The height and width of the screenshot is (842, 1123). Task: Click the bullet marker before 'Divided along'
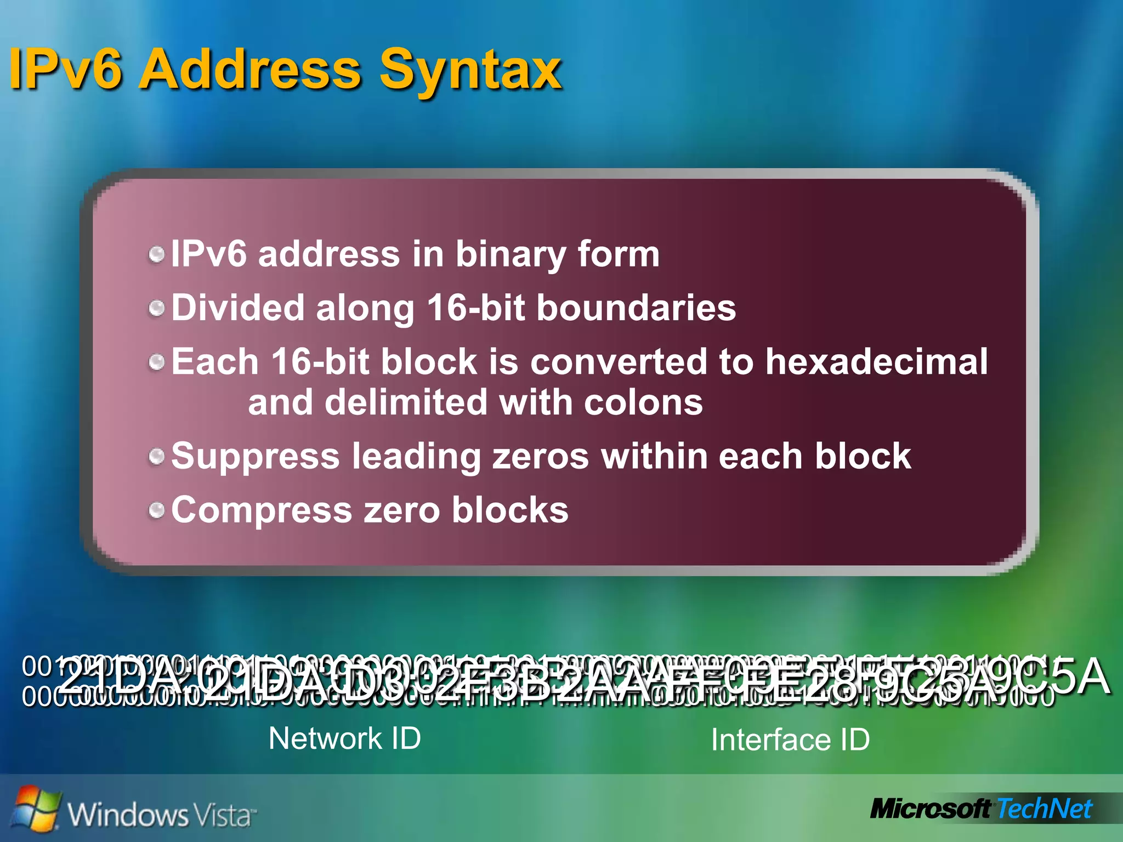[157, 308]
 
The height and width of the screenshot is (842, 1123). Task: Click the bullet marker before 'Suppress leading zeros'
[157, 456]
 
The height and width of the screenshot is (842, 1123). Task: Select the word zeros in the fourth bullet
[540, 456]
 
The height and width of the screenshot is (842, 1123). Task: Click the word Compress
[262, 510]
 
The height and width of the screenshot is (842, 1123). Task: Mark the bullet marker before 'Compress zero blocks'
[157, 510]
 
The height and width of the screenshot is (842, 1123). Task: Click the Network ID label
[345, 738]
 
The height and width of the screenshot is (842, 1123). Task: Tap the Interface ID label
[790, 740]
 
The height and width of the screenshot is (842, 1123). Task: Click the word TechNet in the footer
[1045, 809]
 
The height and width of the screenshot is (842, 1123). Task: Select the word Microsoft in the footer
[930, 809]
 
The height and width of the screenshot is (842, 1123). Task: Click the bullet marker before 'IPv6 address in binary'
[157, 254]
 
